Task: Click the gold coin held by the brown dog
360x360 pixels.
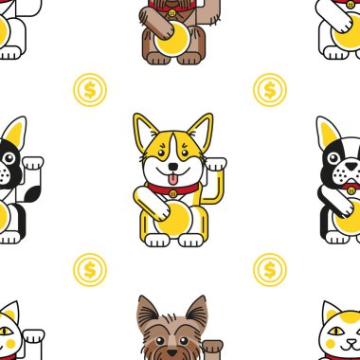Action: point(173,43)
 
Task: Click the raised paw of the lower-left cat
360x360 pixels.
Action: point(33,333)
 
